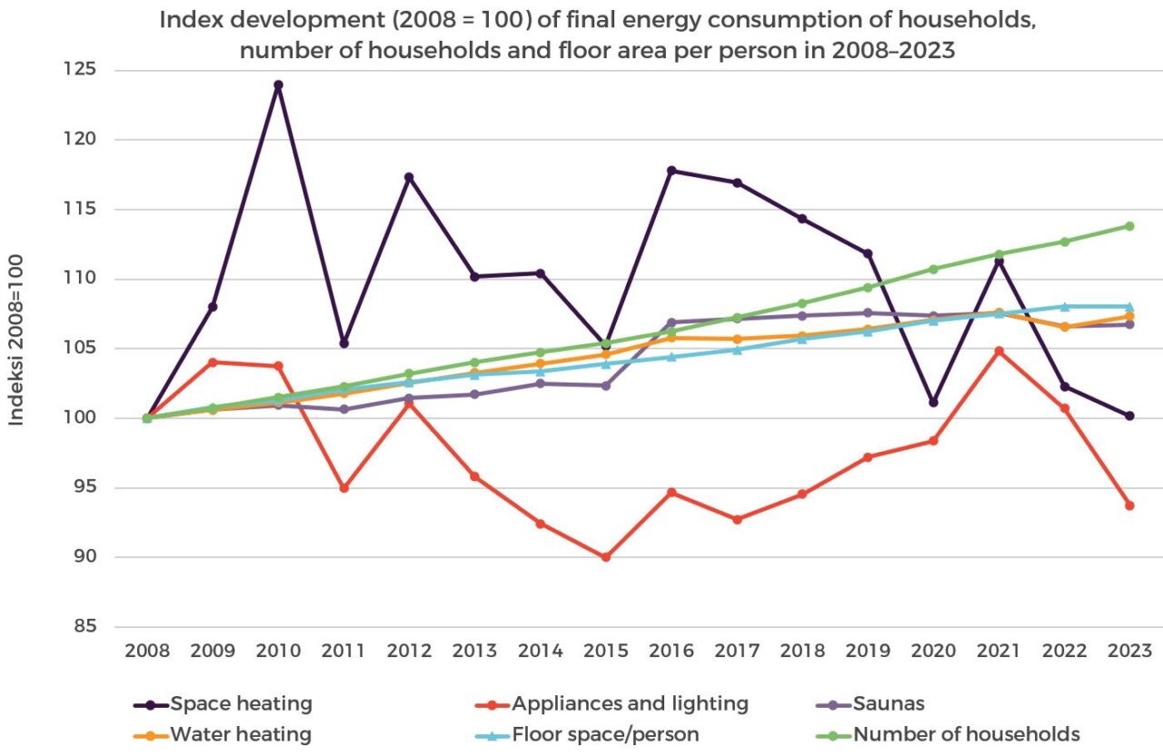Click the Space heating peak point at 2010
[278, 85]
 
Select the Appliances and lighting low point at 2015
[605, 557]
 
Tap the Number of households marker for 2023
[1129, 226]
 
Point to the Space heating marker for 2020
[933, 403]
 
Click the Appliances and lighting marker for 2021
[999, 351]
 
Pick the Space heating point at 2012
[409, 177]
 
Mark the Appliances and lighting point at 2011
[343, 488]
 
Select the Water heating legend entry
[241, 734]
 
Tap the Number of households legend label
[966, 734]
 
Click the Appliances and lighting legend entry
[630, 703]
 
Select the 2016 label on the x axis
[671, 652]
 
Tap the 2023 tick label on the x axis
[1129, 652]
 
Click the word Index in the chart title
[188, 22]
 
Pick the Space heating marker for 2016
[671, 171]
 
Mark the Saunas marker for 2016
[671, 323]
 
